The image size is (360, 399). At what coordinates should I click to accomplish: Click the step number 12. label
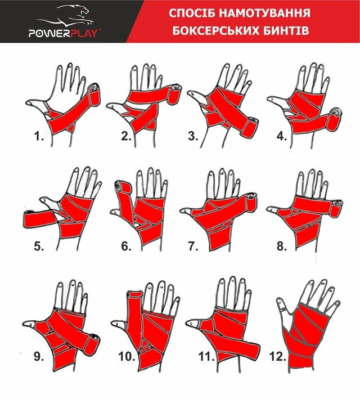click(280, 356)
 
